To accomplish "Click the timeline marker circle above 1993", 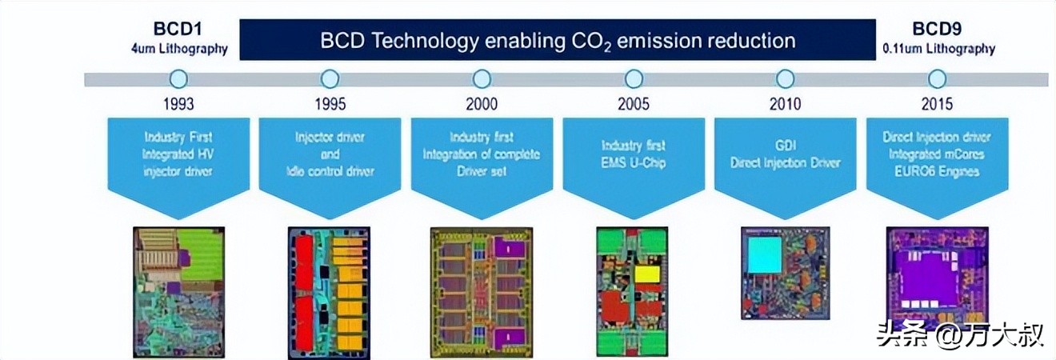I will point(178,78).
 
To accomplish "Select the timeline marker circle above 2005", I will point(634,78).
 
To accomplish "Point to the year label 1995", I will point(330,104).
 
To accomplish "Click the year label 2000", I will point(482,104).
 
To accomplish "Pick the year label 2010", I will point(785,104).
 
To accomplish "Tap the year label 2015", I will point(937,104).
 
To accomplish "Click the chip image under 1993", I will point(178,292).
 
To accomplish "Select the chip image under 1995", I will point(329,293).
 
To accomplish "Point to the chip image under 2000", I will point(481,291).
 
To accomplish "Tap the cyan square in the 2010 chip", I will point(764,254).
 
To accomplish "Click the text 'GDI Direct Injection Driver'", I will point(785,154).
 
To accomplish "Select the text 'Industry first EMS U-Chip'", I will point(633,154).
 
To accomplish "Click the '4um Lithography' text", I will point(179,50).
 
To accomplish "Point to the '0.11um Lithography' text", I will point(938,50).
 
